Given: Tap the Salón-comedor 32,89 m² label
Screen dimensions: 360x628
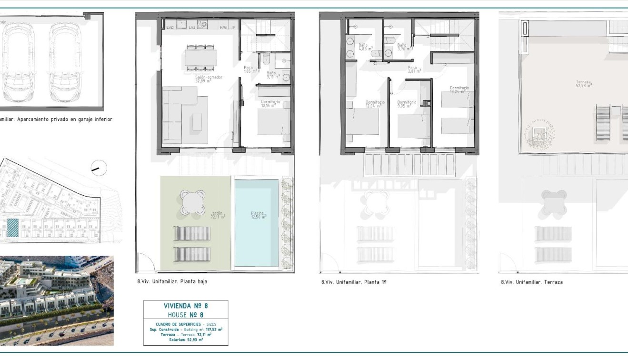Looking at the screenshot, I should pos(209,79).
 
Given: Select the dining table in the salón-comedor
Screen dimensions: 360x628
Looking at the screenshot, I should pos(200,58).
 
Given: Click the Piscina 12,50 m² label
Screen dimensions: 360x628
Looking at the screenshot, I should pos(259,215).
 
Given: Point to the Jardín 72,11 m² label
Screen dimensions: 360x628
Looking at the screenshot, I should pos(218,215).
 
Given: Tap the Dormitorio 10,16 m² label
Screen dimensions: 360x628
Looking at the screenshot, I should pos(270,104).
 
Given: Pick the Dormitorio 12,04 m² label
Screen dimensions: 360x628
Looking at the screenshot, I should pos(374,104).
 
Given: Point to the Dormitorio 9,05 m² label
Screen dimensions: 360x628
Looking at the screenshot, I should pos(407,104).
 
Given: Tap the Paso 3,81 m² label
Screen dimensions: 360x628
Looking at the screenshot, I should pos(412,70).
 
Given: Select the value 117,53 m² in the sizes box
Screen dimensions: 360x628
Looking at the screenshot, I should pos(214,329).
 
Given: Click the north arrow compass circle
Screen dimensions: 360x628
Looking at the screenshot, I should pos(99,168).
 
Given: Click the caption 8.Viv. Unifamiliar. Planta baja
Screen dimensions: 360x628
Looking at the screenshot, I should pos(172,281).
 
